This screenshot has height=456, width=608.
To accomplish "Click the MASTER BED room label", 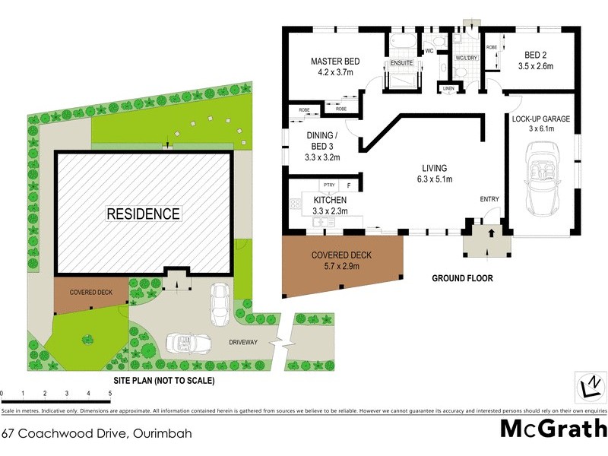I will [x=334, y=62].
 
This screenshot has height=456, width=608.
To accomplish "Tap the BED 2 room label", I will [x=540, y=55].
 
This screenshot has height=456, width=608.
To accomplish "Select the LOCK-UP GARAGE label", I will [x=540, y=119].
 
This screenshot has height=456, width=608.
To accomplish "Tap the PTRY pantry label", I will [x=329, y=185].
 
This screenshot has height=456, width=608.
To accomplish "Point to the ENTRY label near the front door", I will [x=489, y=200].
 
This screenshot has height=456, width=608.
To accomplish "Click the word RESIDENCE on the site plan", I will [x=143, y=214].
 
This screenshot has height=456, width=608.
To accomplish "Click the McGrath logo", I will [x=553, y=429].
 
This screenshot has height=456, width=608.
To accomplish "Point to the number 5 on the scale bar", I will [x=110, y=394].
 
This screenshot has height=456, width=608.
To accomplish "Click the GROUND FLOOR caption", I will [x=462, y=278].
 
